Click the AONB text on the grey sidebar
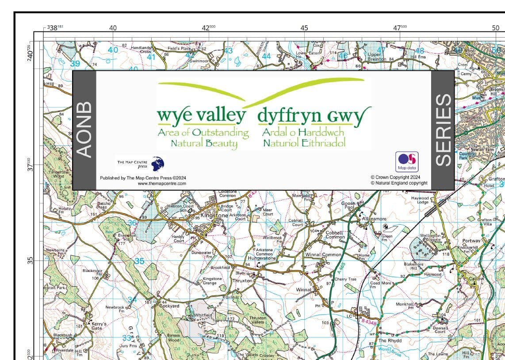84,130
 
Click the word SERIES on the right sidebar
443,130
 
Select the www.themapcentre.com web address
161,183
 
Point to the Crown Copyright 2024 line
396,177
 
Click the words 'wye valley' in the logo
202,116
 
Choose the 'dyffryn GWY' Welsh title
312,116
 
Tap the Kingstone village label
214,215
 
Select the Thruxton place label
242,281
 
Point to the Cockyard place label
169,306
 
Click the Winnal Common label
323,255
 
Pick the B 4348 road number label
369,322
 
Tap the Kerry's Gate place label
99,326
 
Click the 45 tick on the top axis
304,28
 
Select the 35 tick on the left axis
31,260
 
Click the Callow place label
476,279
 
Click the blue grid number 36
132,223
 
